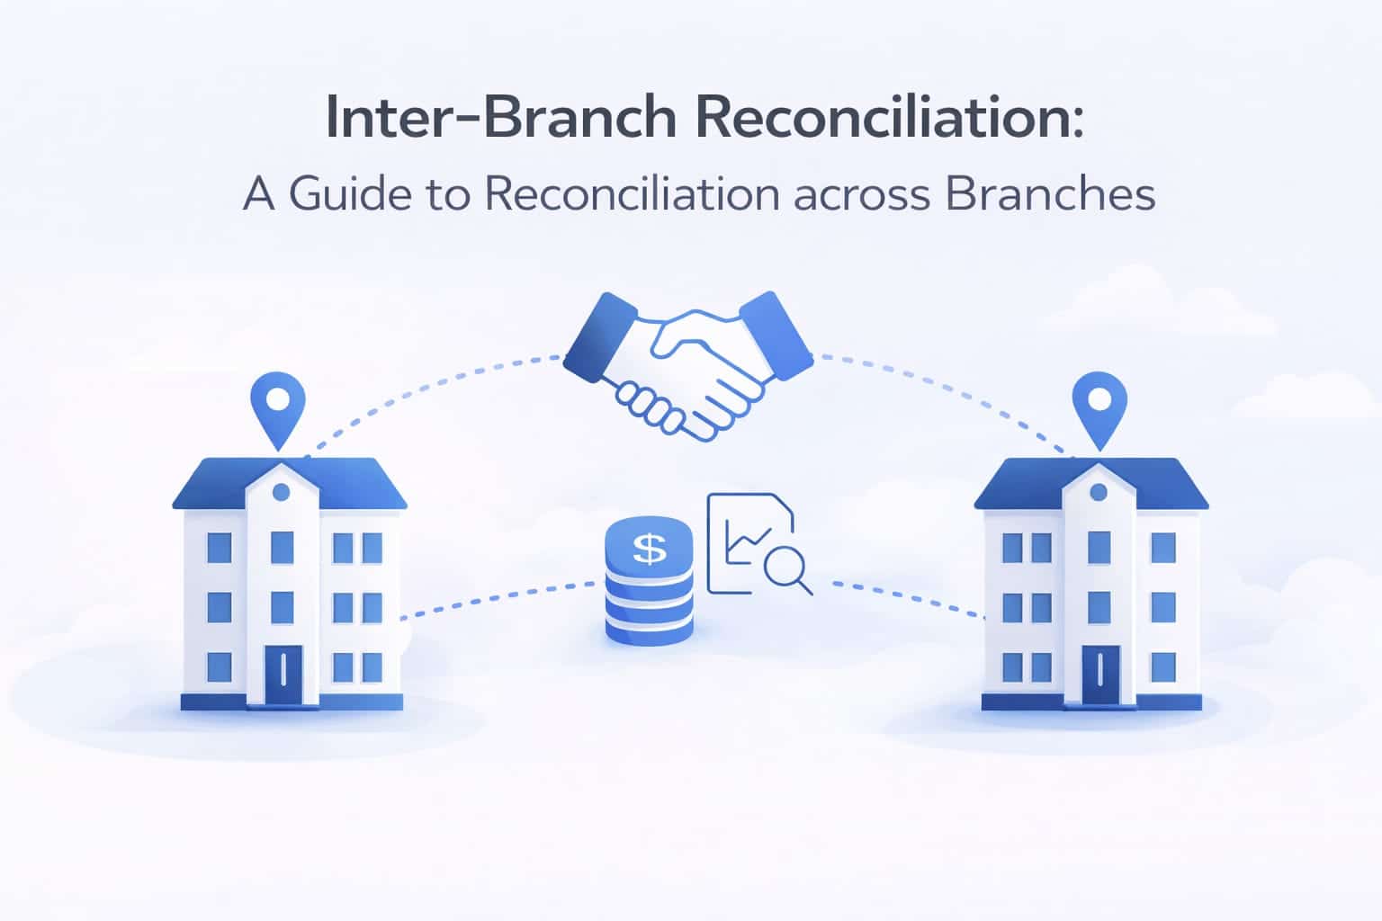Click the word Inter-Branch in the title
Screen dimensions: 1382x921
500,117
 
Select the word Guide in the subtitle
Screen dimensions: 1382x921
350,193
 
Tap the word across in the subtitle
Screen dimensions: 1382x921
861,196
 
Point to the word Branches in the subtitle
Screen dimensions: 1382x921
1050,193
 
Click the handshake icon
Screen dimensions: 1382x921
688,365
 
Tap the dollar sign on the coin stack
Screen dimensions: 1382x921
649,549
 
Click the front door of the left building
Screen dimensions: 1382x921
283,675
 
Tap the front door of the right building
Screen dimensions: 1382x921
1100,675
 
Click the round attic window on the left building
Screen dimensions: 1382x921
281,492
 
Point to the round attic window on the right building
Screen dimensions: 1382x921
1099,492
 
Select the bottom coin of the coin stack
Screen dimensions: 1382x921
649,630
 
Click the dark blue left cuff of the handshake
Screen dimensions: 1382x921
599,336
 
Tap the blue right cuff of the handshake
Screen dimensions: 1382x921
776,335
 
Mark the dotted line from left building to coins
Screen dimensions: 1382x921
498,598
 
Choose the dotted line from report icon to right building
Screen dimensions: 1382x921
907,597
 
